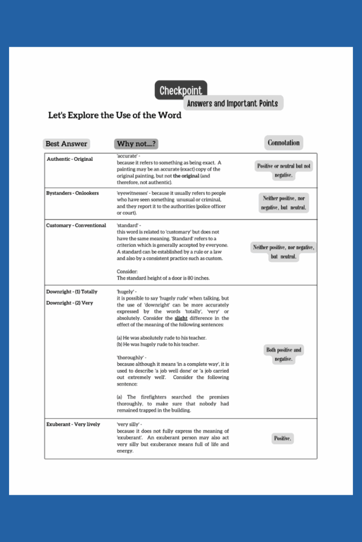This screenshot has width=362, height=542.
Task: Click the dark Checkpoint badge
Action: tap(181, 91)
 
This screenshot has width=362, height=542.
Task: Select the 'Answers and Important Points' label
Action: tap(233, 103)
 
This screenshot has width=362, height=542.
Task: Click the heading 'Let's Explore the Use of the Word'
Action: tap(114, 115)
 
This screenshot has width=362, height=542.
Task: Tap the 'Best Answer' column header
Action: tap(66, 143)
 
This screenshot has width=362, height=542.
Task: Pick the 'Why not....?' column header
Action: tap(137, 143)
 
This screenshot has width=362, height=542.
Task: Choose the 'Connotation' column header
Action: tap(284, 142)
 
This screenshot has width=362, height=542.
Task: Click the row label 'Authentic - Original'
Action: tap(69, 159)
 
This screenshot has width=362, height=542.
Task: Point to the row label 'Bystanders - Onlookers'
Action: tap(73, 193)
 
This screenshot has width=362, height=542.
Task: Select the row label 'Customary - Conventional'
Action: tap(76, 225)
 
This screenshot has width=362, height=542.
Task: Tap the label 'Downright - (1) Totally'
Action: tap(72, 292)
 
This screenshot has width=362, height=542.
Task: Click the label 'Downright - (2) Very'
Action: tap(69, 303)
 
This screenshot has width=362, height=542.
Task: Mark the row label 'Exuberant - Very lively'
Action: tap(73, 424)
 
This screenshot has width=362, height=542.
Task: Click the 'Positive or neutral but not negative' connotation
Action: tap(284, 170)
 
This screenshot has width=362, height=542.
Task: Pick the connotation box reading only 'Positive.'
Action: tap(282, 438)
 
